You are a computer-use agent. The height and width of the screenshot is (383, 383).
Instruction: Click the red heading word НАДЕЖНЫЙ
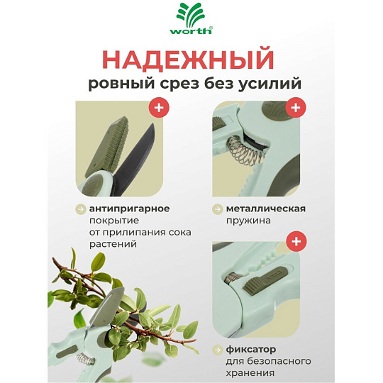point(189,60)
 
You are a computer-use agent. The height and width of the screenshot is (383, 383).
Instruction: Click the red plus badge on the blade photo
point(159,107)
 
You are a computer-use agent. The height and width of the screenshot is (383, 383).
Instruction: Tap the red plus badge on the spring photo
point(296,107)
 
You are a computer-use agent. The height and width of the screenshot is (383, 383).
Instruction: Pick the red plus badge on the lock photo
point(296,241)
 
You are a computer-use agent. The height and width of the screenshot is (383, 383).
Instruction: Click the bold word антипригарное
point(130,209)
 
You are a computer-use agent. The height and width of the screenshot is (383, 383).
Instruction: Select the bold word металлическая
point(266,209)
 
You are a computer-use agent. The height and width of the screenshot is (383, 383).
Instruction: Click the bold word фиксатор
point(251,349)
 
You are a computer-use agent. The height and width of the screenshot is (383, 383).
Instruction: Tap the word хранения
point(250,373)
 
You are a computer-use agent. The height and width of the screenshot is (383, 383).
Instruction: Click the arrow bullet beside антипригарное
point(80,209)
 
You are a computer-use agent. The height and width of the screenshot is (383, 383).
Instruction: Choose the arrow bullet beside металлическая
point(217,209)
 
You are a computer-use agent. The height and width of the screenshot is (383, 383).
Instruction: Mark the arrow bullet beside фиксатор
point(217,350)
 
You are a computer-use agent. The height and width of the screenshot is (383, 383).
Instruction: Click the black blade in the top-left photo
point(135,159)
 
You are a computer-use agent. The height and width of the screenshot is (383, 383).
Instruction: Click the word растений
point(113,245)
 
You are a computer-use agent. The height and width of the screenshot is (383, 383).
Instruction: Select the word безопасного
point(268,361)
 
